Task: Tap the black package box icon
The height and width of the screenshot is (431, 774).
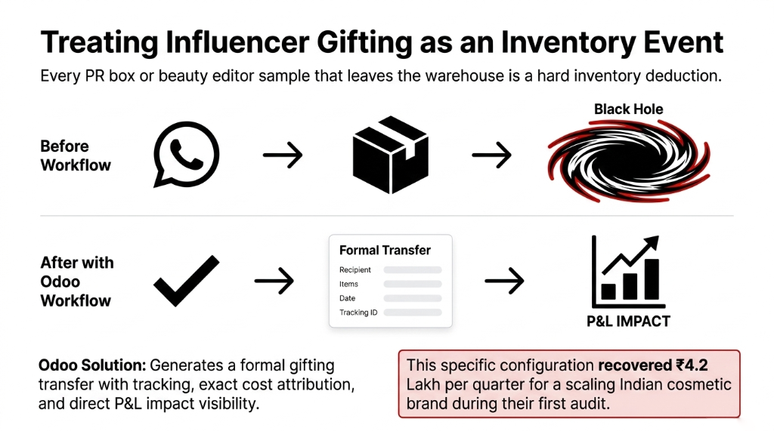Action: tap(390, 155)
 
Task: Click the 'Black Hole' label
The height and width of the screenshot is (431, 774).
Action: tap(628, 109)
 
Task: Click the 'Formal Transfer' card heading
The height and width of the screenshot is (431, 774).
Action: tap(385, 250)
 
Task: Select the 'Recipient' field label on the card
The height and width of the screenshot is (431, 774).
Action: tap(355, 270)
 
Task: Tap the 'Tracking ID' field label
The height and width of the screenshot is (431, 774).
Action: tap(358, 312)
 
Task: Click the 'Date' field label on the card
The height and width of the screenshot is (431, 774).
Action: tap(348, 298)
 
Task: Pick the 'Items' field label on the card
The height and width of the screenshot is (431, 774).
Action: tap(349, 284)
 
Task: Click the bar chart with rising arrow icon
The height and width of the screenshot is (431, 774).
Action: tap(627, 269)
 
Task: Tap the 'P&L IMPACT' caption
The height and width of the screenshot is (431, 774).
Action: tap(628, 321)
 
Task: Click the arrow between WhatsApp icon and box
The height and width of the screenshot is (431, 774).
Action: tap(283, 156)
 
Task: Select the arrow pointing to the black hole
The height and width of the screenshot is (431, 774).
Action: tap(492, 156)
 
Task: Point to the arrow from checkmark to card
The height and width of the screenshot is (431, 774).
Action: tap(274, 282)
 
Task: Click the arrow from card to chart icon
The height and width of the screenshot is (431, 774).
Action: tap(504, 282)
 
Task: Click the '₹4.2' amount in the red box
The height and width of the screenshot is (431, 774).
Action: tap(691, 365)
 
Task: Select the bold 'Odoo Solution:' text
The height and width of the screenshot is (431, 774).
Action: tap(91, 365)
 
